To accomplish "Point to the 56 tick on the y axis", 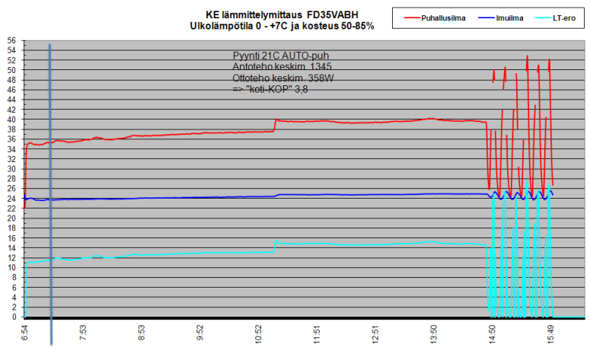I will [11, 41].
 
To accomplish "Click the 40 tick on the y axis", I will [11, 120].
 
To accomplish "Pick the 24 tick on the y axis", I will [11, 199].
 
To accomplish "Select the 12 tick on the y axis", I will [11, 258].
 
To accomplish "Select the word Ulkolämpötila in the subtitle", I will [221, 25].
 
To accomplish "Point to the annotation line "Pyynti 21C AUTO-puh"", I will [281, 56].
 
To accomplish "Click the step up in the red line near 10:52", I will [275, 125].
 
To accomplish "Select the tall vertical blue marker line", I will [50, 190].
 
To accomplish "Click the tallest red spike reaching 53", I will [527, 57].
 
